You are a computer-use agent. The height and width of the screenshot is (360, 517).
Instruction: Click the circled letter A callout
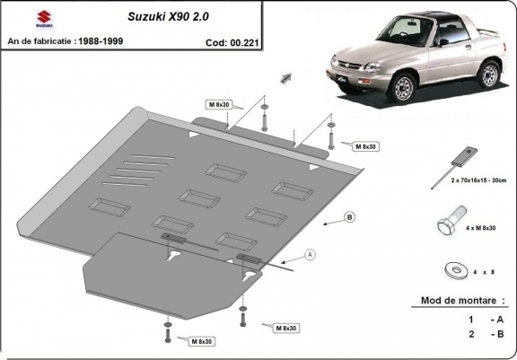pos(311,255)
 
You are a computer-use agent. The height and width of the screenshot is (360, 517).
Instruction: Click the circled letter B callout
pos(350,217)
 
